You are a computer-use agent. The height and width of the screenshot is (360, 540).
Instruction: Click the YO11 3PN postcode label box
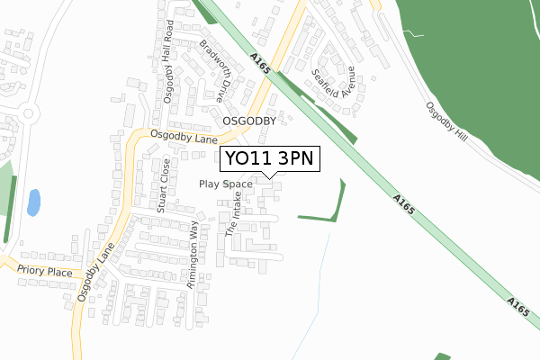tap(270, 158)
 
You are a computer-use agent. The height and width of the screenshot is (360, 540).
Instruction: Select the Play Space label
tap(226, 184)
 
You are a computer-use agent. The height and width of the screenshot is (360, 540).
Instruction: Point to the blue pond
tap(33, 202)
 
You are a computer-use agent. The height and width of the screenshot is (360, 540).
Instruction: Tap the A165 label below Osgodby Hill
tap(405, 206)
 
